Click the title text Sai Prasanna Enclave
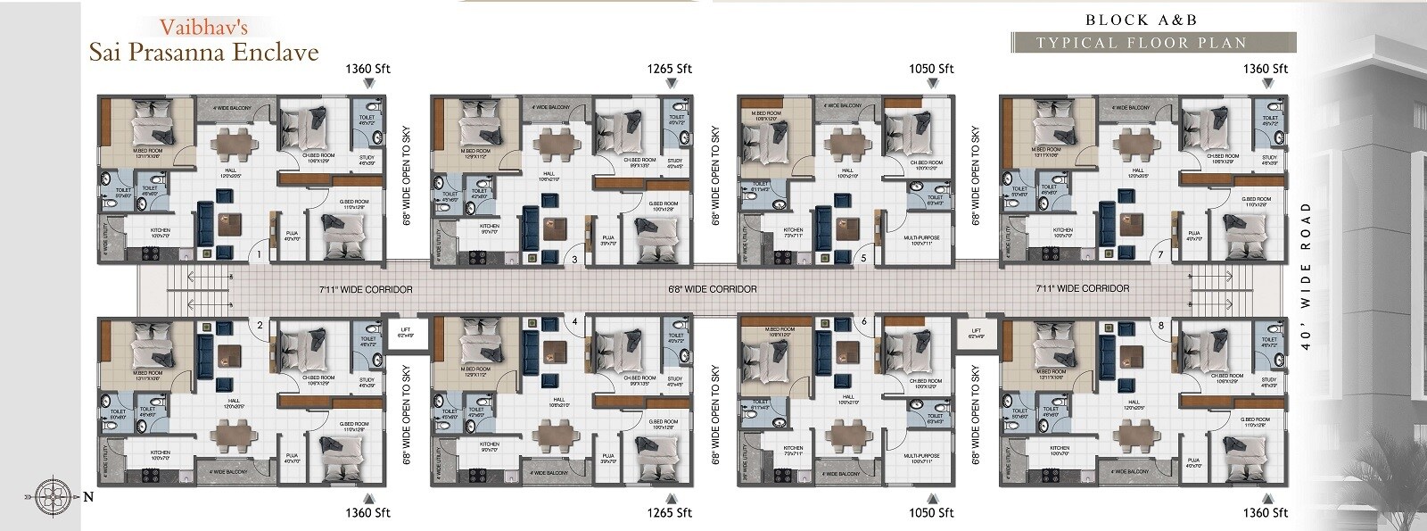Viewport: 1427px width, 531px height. click(x=203, y=52)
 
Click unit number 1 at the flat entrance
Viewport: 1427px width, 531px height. click(x=258, y=255)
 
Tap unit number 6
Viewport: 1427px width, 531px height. click(x=863, y=320)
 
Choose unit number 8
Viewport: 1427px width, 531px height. click(x=1160, y=326)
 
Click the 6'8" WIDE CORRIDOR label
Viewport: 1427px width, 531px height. click(x=712, y=289)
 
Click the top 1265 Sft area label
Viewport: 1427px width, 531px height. click(x=671, y=69)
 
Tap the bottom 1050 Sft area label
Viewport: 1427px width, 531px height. click(x=931, y=512)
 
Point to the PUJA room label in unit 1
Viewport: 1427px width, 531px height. click(x=292, y=236)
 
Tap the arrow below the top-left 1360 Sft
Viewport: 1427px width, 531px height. click(x=369, y=84)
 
